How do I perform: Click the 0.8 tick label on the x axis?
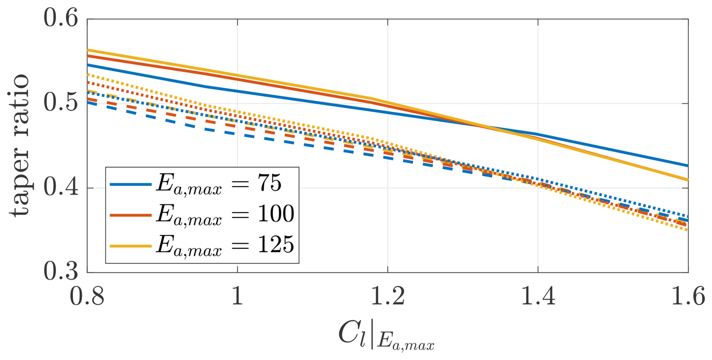87,297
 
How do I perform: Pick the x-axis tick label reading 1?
237,297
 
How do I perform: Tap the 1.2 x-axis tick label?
388,297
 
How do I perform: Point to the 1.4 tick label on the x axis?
538,297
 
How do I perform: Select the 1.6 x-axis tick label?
688,297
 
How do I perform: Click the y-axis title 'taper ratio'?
20,145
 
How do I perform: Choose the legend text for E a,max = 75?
219,184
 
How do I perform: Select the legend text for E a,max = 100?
225,215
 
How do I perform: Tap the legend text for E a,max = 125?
225,246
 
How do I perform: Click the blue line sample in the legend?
131,184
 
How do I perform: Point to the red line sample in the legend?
131,215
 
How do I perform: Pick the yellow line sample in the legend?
131,246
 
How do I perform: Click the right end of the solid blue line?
688,166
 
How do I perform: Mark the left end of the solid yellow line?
88,50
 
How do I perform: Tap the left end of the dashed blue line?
88,102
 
